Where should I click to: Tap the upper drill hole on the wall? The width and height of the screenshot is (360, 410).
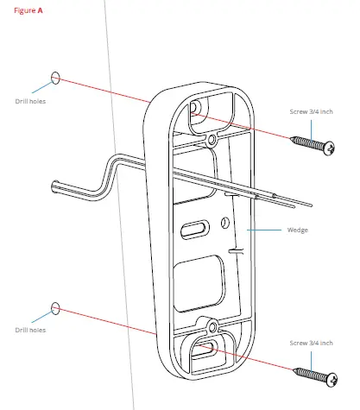pos(57,78)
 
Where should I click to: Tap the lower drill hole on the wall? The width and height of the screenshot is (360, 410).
pos(57,307)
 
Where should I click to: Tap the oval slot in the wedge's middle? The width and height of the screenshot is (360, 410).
pos(194,229)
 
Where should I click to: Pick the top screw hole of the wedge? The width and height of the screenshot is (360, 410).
pos(197,107)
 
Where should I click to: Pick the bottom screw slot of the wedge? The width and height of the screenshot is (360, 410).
pos(205,350)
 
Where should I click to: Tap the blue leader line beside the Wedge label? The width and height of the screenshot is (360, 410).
pos(268,230)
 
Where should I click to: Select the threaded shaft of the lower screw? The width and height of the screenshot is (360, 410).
pos(308,373)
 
